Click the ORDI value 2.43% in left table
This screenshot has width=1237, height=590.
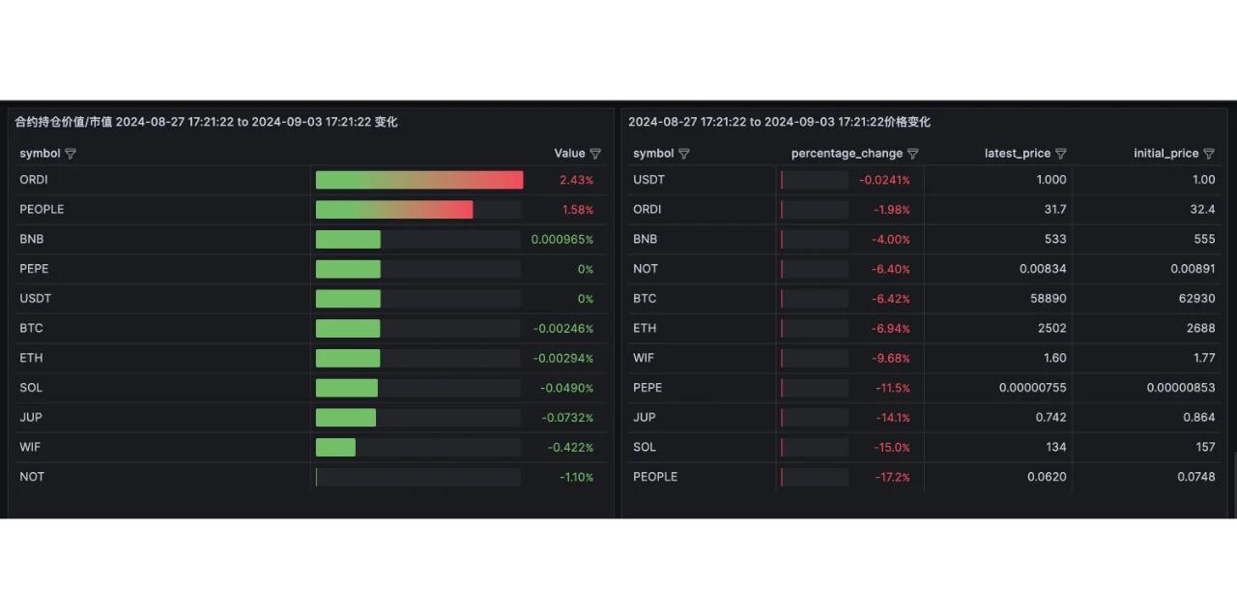click(x=576, y=180)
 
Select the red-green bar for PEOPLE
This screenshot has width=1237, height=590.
click(x=394, y=210)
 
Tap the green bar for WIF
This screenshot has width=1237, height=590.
click(x=335, y=447)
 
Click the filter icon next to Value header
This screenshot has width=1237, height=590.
click(x=595, y=154)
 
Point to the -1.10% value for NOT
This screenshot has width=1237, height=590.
click(x=576, y=477)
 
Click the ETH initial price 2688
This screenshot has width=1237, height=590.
click(x=1200, y=329)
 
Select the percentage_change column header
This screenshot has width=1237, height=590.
click(x=847, y=154)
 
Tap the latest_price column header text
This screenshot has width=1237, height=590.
click(x=1017, y=154)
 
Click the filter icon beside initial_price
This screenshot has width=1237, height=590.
click(x=1209, y=154)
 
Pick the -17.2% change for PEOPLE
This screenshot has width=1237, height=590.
click(x=892, y=477)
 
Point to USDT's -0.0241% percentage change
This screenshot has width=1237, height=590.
click(x=884, y=180)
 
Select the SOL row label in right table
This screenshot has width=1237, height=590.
click(x=645, y=447)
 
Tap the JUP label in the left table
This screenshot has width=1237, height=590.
click(x=31, y=418)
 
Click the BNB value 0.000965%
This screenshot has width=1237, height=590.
click(x=562, y=240)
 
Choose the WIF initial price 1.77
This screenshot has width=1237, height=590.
click(x=1203, y=358)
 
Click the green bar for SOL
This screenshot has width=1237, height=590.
click(x=347, y=388)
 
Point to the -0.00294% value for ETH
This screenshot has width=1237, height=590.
click(x=563, y=358)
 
